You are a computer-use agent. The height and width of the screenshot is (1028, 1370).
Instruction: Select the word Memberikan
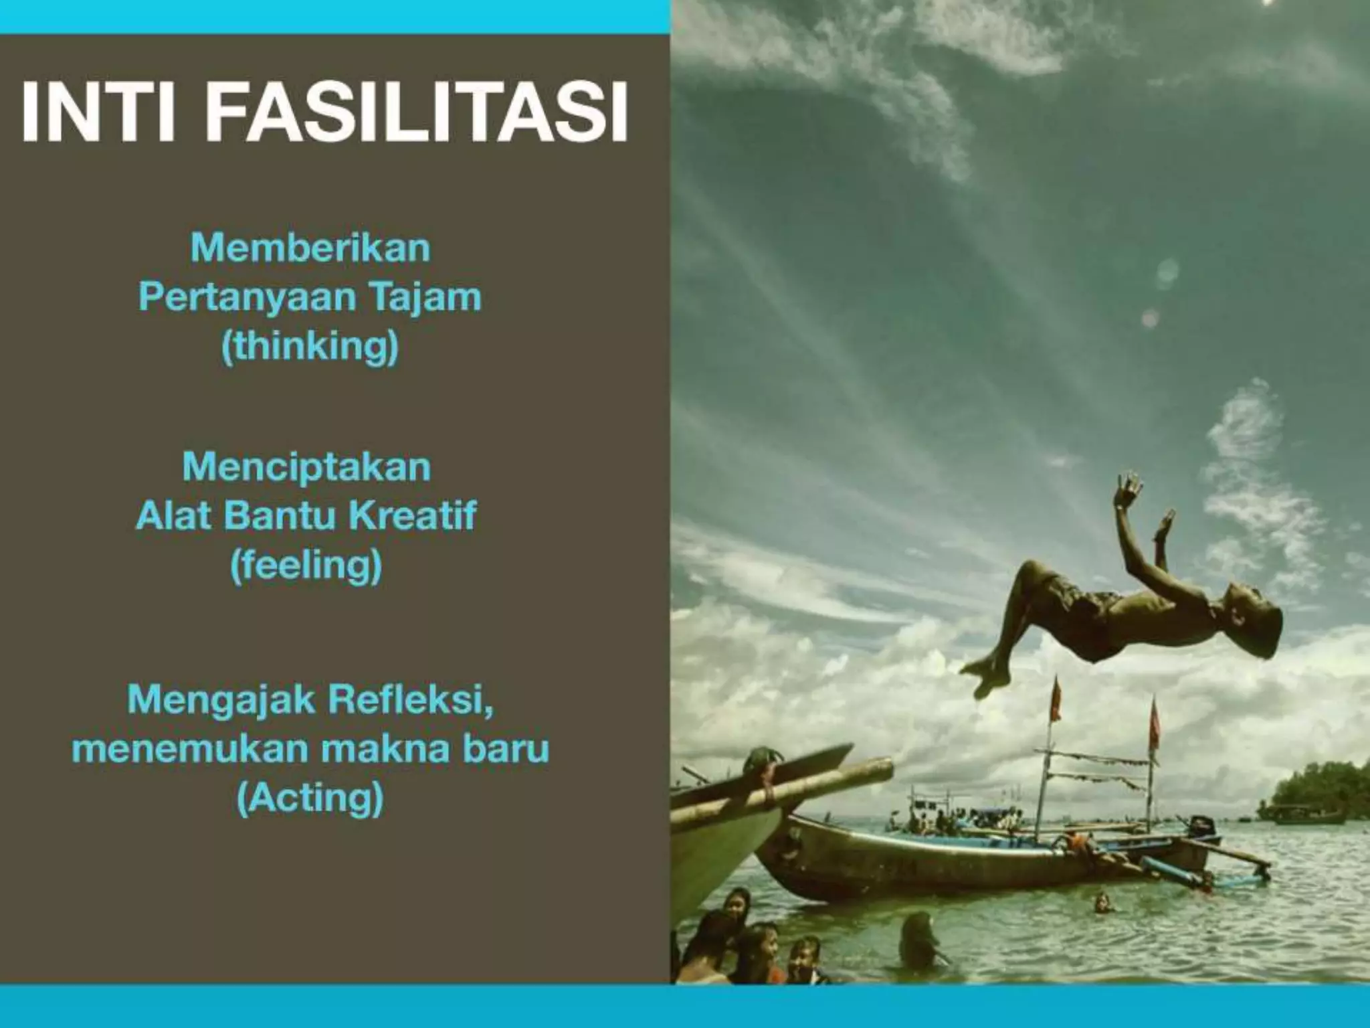tap(310, 248)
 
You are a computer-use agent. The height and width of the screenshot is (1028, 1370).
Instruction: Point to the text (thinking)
tap(310, 346)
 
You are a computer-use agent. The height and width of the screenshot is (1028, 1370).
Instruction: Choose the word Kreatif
tap(413, 515)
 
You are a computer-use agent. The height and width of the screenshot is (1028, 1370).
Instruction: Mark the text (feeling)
tap(306, 565)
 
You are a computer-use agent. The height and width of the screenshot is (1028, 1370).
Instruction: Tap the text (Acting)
tap(310, 798)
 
